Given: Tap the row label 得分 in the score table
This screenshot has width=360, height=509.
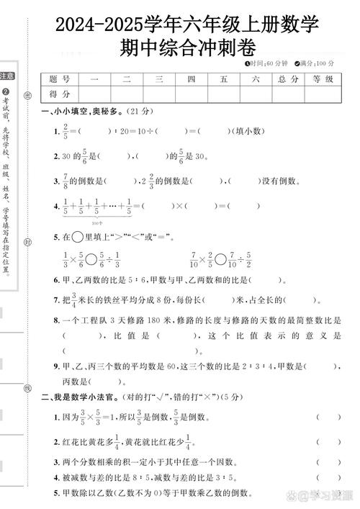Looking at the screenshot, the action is [60, 94].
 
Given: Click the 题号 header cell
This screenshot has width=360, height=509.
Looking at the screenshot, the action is [60, 80].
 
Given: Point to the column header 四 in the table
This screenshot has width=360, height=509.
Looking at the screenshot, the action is [191, 80].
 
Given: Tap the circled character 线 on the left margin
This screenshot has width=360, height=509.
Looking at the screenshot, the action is [27, 387].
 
